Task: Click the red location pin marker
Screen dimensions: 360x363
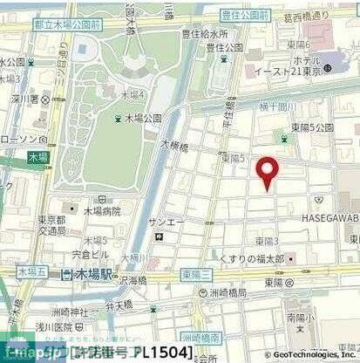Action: [267, 170]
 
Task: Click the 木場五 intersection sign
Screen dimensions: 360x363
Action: [30, 273]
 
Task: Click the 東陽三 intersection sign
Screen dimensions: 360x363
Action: [198, 275]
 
